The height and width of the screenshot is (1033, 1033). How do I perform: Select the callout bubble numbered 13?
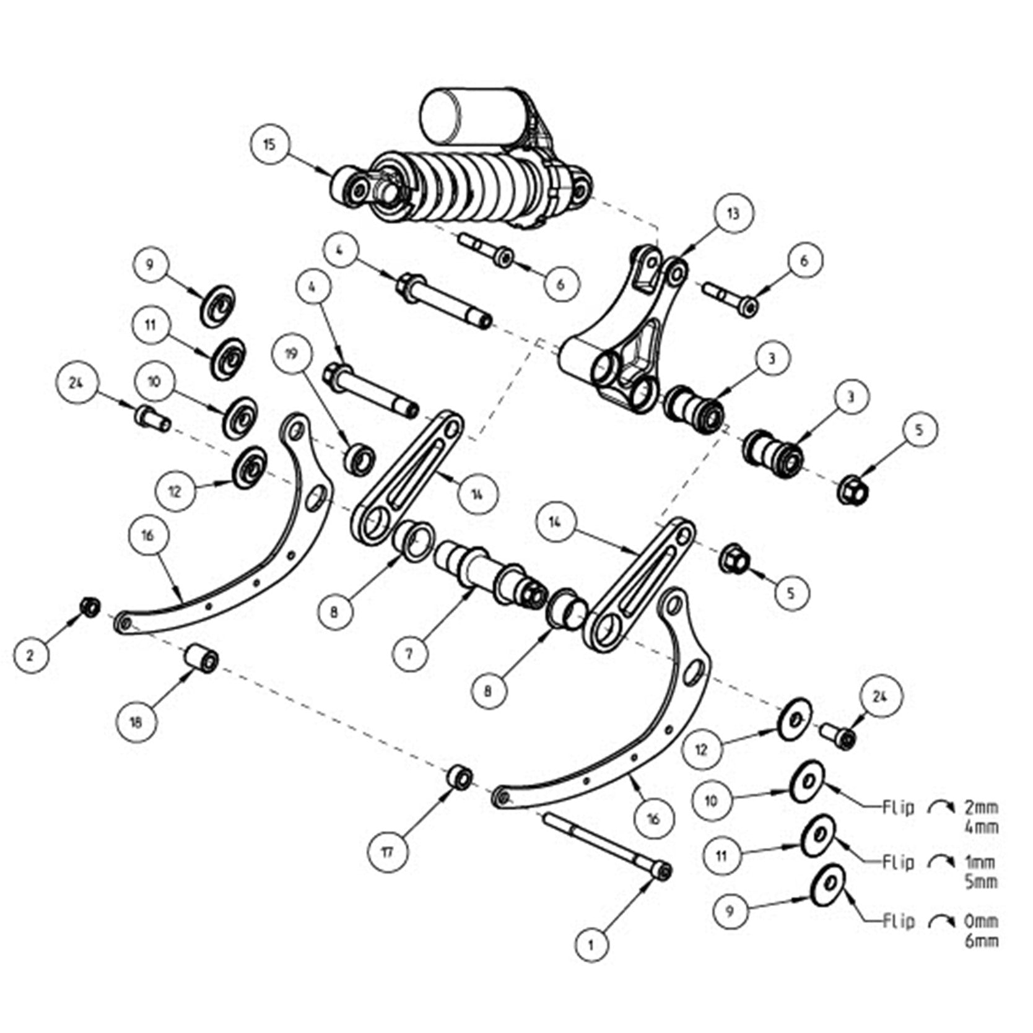tap(733, 214)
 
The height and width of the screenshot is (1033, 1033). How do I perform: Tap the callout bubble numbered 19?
tap(292, 354)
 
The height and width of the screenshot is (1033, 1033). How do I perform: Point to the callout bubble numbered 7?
tap(409, 652)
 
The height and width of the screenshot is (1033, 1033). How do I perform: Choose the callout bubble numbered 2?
tap(30, 655)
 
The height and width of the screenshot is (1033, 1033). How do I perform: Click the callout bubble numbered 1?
tap(591, 944)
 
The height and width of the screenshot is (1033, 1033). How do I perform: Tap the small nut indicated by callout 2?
tap(90, 606)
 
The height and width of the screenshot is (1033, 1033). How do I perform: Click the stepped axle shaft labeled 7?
tap(489, 572)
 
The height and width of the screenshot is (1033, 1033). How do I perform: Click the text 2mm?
tap(982, 808)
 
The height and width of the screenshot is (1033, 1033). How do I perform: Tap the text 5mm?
tap(982, 881)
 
